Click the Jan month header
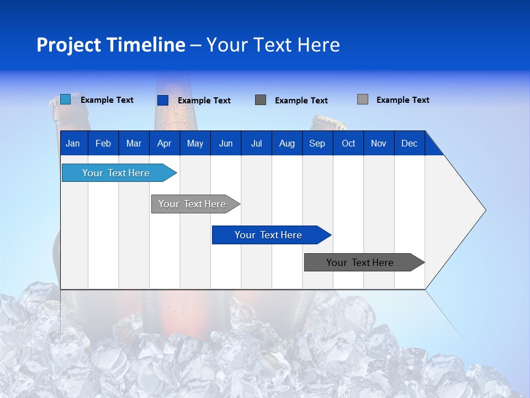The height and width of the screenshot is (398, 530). pyautogui.click(x=73, y=144)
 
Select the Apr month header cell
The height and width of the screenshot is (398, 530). pyautogui.click(x=165, y=144)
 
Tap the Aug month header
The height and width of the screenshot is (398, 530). pyautogui.click(x=287, y=144)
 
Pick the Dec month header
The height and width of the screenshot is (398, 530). pyautogui.click(x=410, y=144)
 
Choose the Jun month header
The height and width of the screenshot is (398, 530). pyautogui.click(x=226, y=144)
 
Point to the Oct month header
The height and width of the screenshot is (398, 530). pyautogui.click(x=348, y=144)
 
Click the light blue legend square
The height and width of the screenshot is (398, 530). pyautogui.click(x=66, y=99)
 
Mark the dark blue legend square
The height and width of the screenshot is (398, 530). pyautogui.click(x=163, y=100)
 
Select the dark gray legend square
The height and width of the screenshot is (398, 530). pyautogui.click(x=261, y=100)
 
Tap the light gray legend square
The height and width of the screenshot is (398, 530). pyautogui.click(x=363, y=99)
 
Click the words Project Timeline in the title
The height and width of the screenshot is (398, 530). pyautogui.click(x=110, y=45)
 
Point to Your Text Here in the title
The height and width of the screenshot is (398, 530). pyautogui.click(x=273, y=45)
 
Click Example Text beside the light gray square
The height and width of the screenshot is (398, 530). pyautogui.click(x=402, y=100)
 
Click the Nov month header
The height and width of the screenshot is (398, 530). pyautogui.click(x=379, y=144)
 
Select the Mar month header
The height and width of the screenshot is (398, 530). pyautogui.click(x=134, y=144)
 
